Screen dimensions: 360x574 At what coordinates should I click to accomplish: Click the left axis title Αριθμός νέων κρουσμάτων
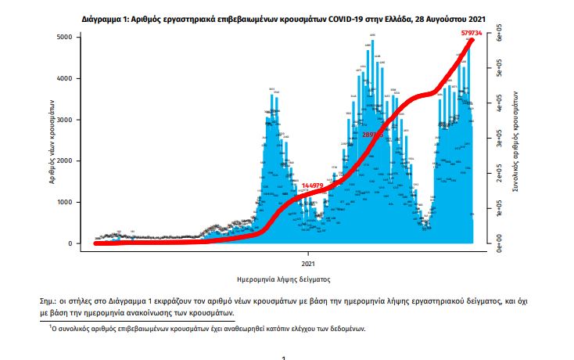click(50, 141)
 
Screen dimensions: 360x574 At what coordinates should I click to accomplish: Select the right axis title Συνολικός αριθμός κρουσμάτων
click(517, 141)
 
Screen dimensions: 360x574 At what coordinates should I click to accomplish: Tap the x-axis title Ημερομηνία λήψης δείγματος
click(283, 279)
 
